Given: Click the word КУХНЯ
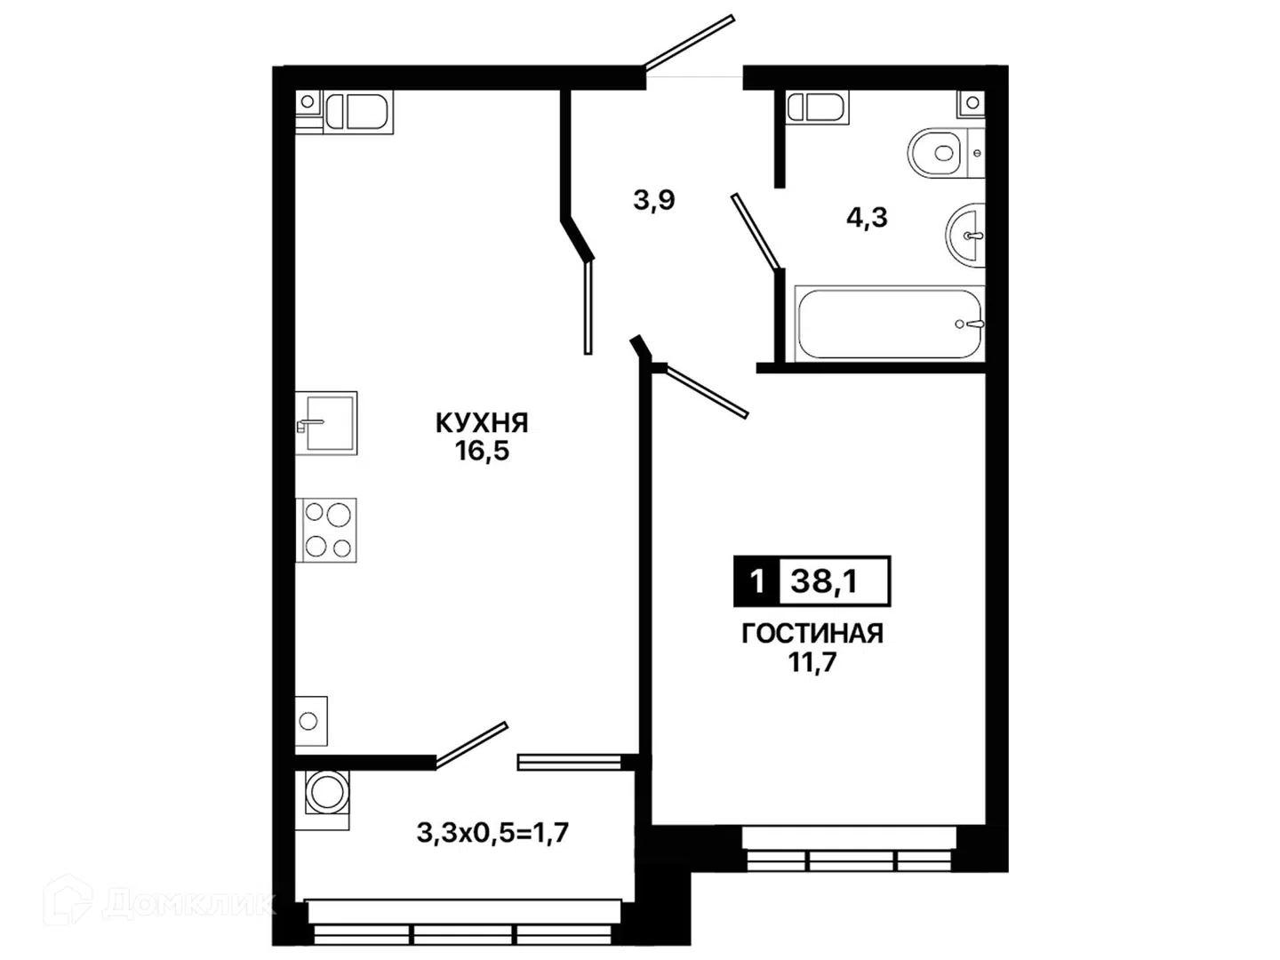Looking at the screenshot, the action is (482, 423).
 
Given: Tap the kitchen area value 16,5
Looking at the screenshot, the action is (483, 452).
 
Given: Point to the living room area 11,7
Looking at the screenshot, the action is (813, 662).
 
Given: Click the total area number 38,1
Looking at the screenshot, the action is (823, 581).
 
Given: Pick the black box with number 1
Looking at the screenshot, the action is (757, 581).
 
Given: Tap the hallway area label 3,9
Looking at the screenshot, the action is (654, 200).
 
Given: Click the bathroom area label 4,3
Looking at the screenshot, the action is (868, 218).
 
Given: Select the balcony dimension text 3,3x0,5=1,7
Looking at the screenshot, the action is (492, 833).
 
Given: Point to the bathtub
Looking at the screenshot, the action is (889, 324).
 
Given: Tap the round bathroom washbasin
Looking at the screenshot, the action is (965, 236).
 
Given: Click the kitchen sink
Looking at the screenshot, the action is (326, 422).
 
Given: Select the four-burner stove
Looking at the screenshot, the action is (326, 530).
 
